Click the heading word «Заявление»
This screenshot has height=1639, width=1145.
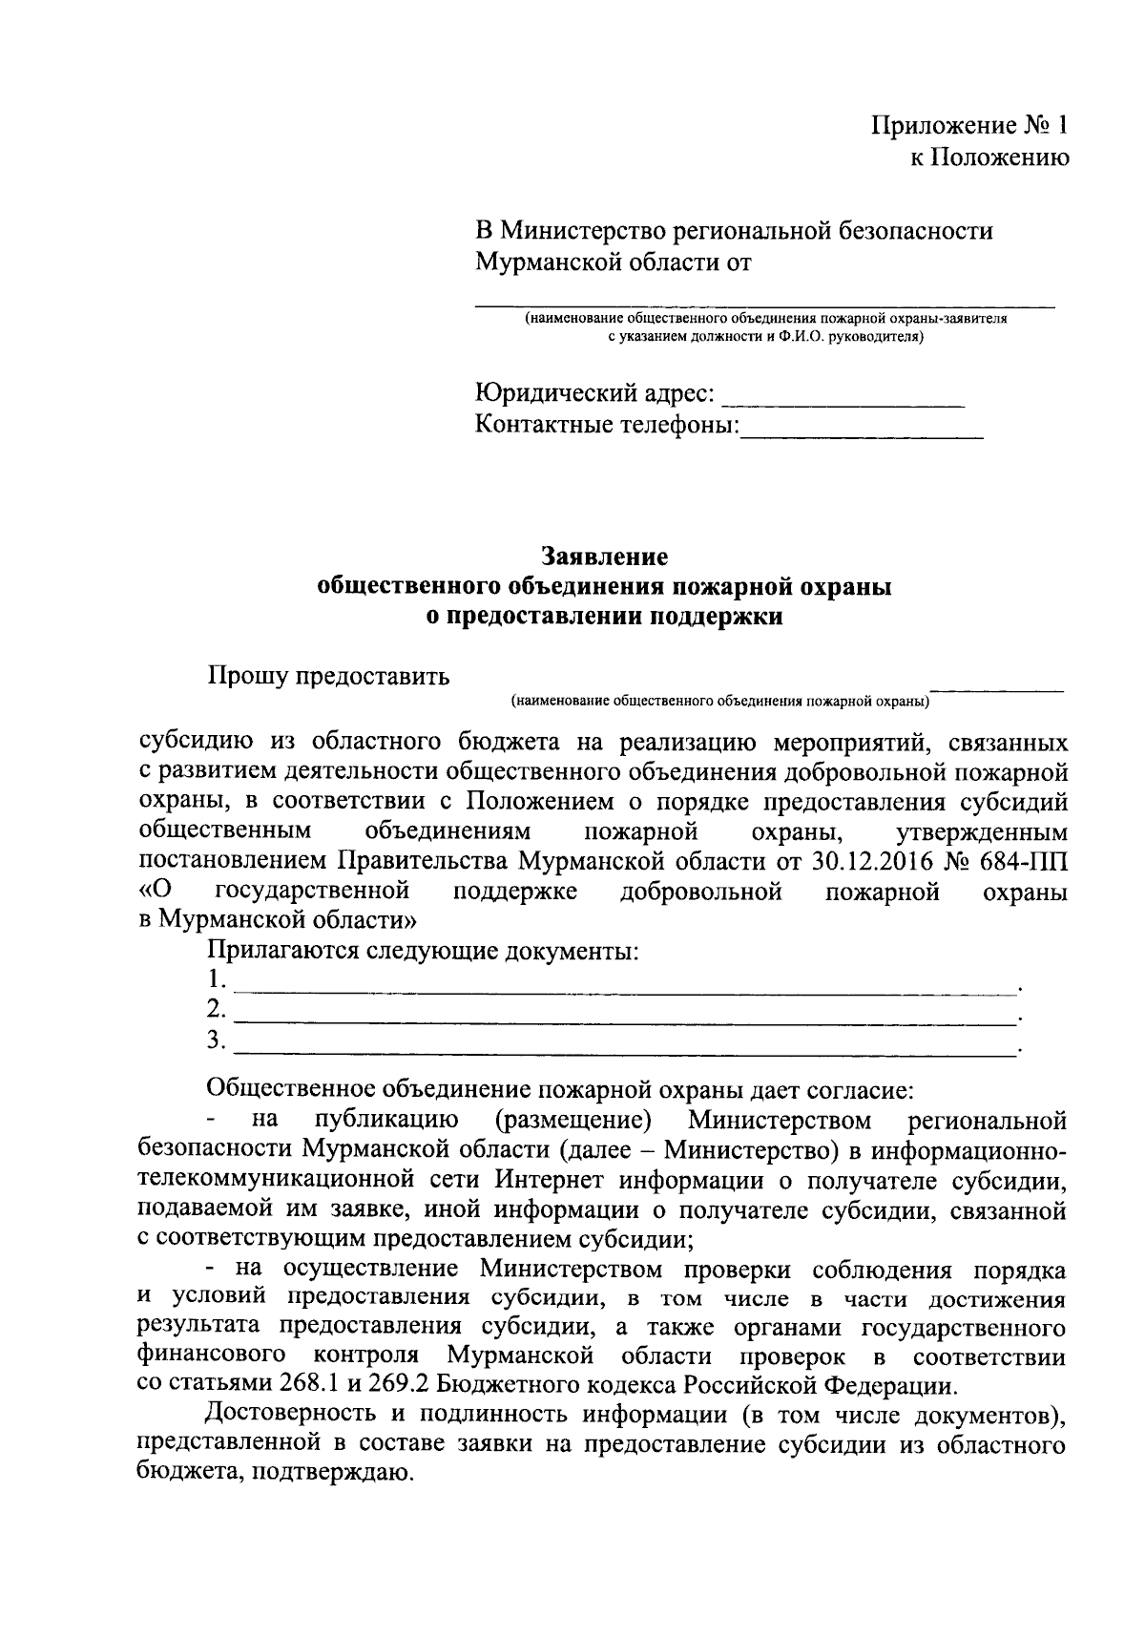coord(605,556)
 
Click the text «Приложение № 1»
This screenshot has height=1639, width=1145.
coord(970,126)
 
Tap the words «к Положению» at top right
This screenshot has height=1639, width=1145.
coord(989,158)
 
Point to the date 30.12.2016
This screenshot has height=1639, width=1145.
coord(871,862)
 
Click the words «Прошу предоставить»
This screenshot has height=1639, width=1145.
coord(328,677)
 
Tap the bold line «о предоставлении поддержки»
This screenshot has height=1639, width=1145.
coord(605,618)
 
